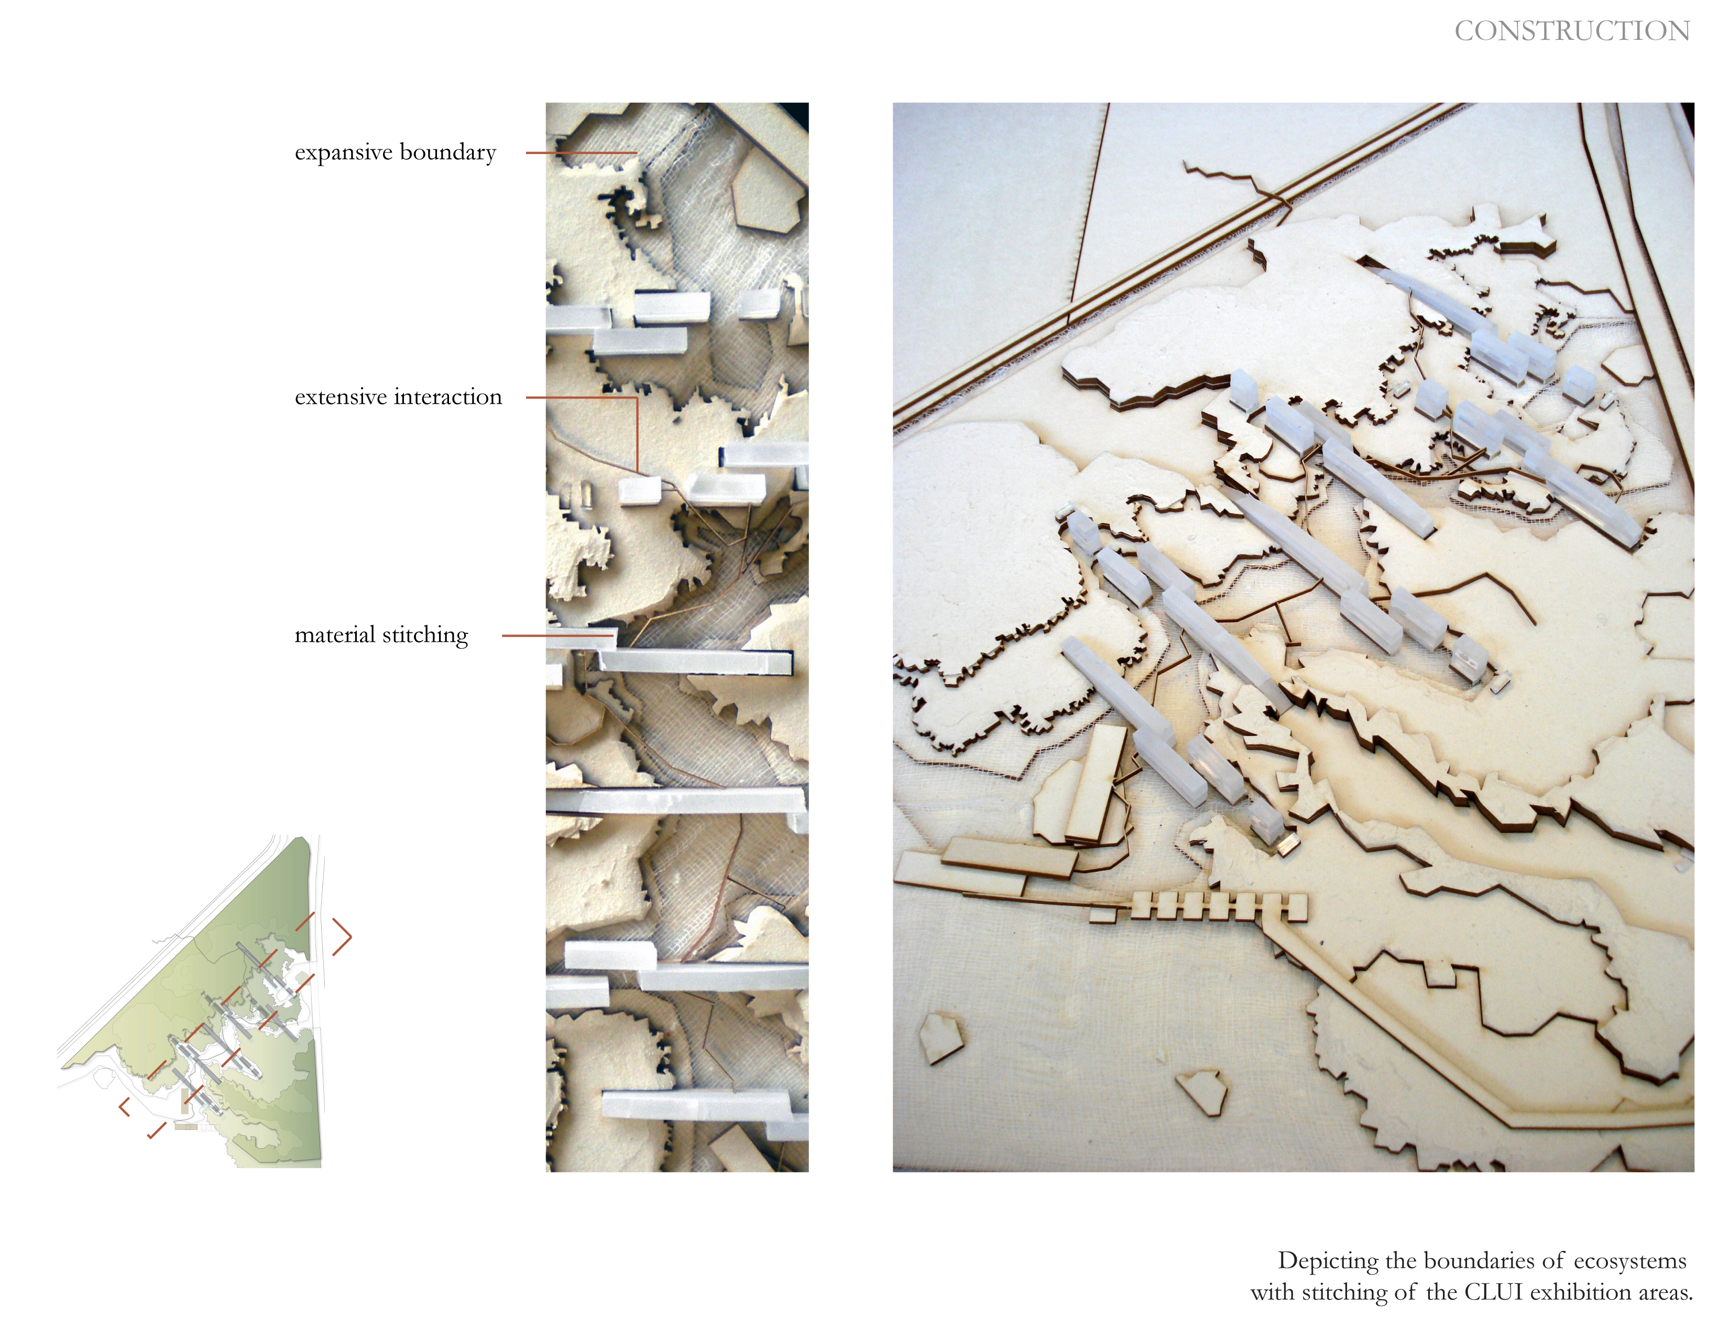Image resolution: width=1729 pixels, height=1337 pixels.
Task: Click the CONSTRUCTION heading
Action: (x=1571, y=31)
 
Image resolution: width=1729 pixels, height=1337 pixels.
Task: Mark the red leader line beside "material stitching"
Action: (x=558, y=635)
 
